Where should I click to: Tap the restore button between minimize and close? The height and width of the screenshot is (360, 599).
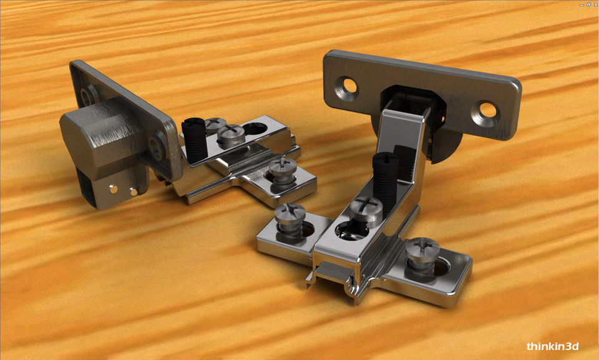[588, 4]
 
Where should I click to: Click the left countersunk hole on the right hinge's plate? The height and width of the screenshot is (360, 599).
[346, 89]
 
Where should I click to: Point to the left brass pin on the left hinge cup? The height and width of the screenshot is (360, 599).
[114, 188]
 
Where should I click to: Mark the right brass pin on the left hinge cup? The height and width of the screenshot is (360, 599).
[133, 191]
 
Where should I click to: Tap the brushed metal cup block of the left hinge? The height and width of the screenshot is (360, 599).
[103, 134]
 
